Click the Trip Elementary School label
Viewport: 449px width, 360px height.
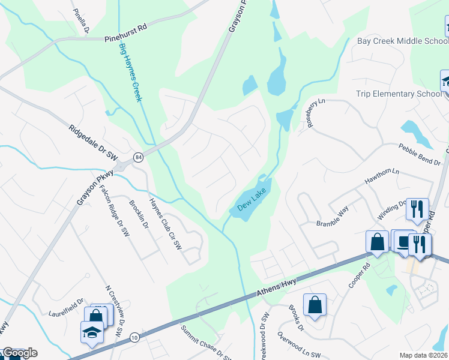399,94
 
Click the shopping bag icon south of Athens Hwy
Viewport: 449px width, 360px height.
315,305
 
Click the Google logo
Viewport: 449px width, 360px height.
19,353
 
